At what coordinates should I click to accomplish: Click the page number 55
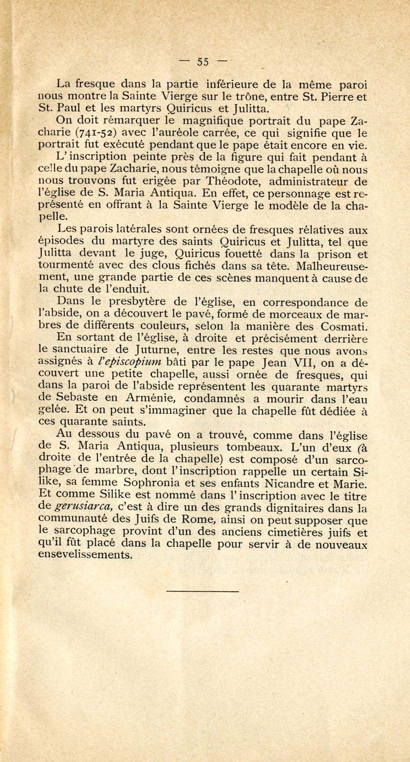202,62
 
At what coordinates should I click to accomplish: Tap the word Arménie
150,399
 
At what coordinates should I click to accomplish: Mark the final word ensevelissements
86,555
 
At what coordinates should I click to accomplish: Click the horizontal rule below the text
202,591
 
